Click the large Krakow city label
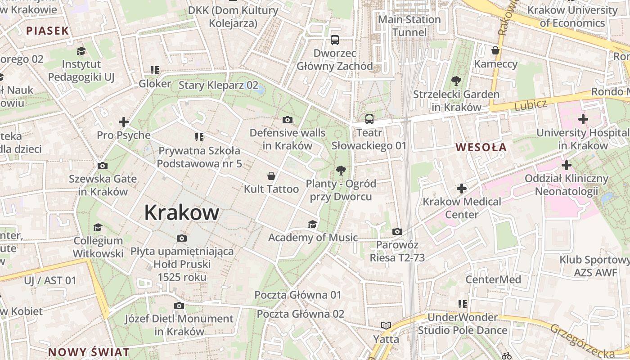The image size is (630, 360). pos(182,212)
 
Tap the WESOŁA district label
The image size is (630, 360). pos(481,147)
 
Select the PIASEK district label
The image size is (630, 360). pos(47,31)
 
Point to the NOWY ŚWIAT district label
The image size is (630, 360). pos(89,352)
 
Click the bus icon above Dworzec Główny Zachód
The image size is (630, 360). pos(335,40)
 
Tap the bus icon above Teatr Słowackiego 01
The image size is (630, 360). pos(369,119)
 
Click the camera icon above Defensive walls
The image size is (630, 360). pos(288,120)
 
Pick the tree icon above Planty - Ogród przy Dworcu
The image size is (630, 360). pos(341,171)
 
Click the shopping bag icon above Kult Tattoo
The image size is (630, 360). pos(271,175)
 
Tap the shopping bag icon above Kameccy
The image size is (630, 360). pos(495,50)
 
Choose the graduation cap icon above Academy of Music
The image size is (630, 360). pos(312,224)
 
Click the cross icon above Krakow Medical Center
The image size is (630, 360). pos(461,188)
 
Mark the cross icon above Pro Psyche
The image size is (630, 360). pos(124,121)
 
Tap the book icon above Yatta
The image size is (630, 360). pos(386,325)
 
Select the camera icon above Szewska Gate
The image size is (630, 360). pos(103,166)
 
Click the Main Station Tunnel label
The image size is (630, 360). pos(409,26)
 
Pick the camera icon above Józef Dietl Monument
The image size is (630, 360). pos(179,306)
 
